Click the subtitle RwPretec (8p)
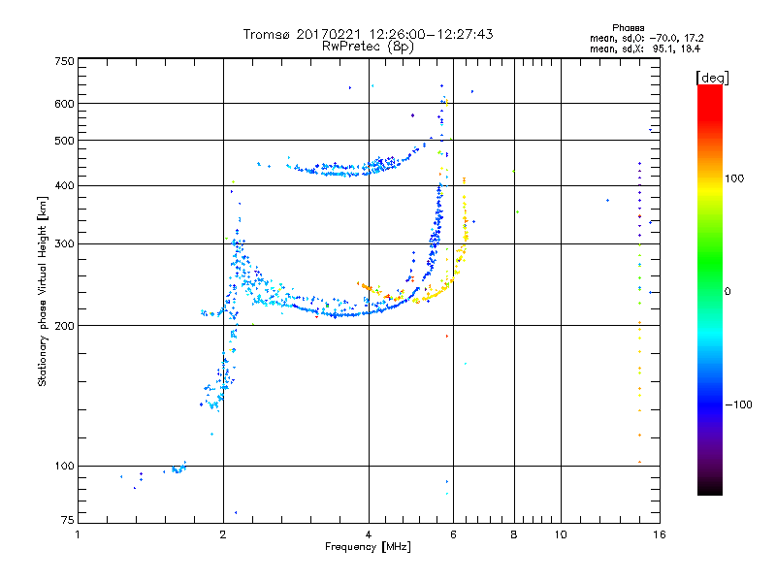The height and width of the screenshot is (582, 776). [368, 46]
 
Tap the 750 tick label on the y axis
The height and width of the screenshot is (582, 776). [64, 60]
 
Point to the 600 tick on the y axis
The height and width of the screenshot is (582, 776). [64, 103]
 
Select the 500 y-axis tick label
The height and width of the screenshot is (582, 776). [64, 140]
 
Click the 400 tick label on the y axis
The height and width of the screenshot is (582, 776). [64, 185]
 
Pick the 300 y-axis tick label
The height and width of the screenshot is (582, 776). [64, 243]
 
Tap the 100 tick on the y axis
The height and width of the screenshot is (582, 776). [64, 466]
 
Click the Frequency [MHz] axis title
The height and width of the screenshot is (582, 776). [370, 548]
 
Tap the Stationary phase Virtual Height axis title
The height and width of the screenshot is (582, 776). [43, 292]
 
